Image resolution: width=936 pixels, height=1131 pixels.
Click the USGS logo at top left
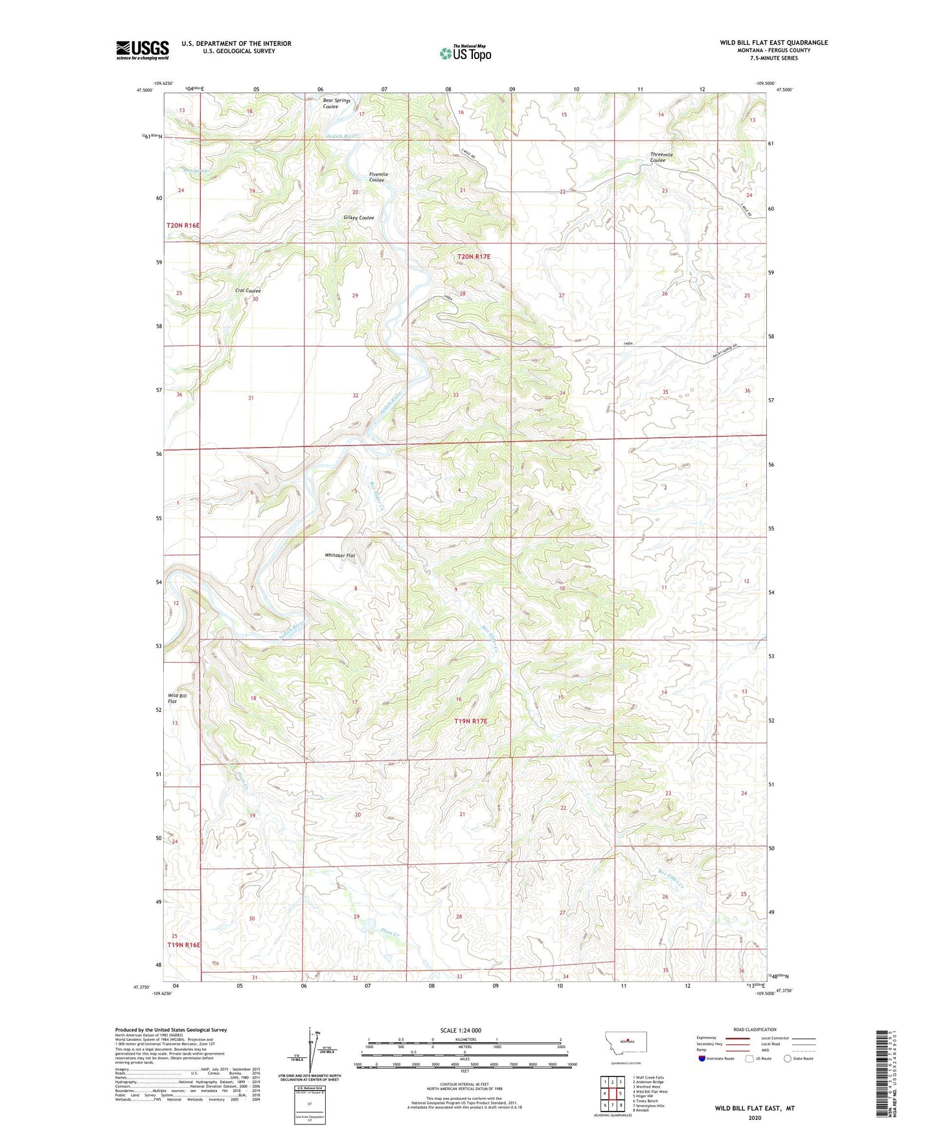click(143, 50)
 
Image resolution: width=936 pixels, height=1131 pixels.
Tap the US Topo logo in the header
click(465, 53)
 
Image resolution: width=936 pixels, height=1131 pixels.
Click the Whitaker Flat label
click(340, 555)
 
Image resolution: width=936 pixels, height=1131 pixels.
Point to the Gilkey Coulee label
click(358, 218)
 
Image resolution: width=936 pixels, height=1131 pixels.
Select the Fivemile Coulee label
click(378, 177)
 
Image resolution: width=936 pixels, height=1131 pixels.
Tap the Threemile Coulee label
click(661, 157)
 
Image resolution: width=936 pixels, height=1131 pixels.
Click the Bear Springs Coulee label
click(336, 103)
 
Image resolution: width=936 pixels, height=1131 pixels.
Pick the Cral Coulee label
click(247, 291)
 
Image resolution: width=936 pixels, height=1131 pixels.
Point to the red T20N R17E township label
click(474, 257)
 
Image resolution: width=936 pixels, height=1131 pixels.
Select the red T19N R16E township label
click(184, 945)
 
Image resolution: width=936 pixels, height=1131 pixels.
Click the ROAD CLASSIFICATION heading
click(755, 1029)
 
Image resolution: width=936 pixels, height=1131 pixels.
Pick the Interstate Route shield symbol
click(702, 1058)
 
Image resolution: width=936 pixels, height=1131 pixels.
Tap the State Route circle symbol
click(787, 1058)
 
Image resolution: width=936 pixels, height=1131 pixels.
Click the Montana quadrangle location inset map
click(625, 1044)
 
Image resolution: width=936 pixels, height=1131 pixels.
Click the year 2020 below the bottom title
click(754, 1117)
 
